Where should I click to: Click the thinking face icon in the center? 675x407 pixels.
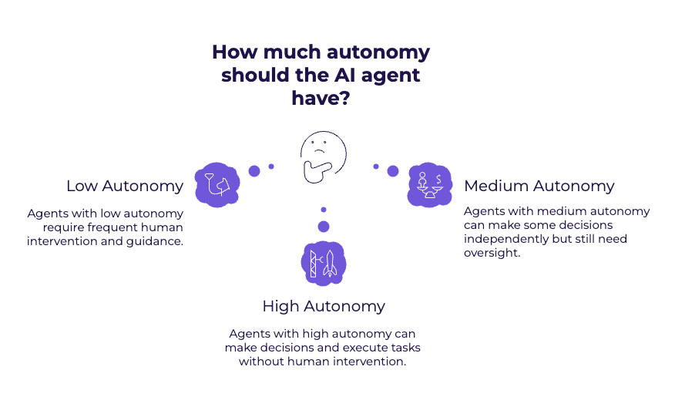(x=323, y=155)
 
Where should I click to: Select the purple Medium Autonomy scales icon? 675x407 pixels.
(x=429, y=184)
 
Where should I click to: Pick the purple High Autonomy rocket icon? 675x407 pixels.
(x=323, y=263)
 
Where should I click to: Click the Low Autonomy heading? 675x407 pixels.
(x=125, y=187)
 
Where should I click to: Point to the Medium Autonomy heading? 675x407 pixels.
(x=539, y=187)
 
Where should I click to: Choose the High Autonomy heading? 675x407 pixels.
(x=323, y=306)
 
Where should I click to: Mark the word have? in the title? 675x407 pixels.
(x=321, y=99)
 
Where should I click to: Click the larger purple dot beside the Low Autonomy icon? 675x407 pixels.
(x=254, y=170)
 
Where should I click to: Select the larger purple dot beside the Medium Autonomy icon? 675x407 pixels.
(x=393, y=170)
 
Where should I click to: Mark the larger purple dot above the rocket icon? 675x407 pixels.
(x=324, y=226)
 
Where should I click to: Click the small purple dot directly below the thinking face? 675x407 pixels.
(x=324, y=209)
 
